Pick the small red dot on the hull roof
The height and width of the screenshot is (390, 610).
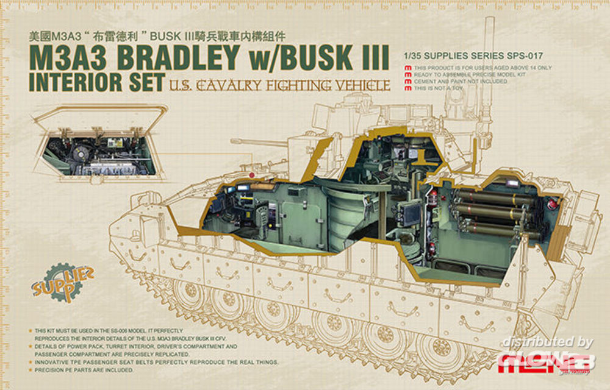251,174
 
